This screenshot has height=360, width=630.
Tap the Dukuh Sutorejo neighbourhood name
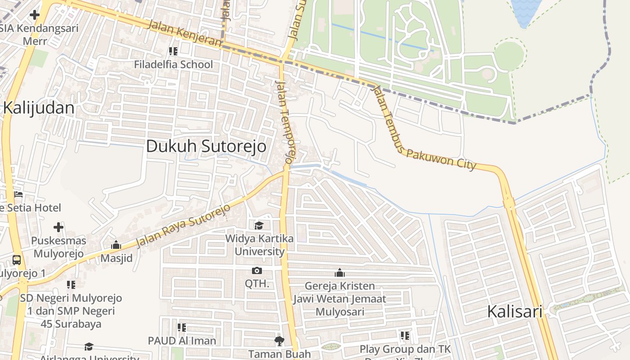(206, 146)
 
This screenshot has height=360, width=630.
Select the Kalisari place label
(515, 311)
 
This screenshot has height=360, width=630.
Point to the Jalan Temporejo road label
(286, 121)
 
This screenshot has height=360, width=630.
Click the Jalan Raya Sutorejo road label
(183, 225)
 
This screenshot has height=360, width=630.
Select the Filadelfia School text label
(173, 64)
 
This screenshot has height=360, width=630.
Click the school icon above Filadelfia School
(173, 51)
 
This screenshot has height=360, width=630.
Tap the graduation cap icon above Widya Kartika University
(259, 225)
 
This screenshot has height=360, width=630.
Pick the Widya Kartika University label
(260, 245)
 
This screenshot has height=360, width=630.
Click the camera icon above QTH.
(257, 270)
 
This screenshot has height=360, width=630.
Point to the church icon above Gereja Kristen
(340, 273)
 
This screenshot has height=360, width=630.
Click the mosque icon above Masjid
(116, 245)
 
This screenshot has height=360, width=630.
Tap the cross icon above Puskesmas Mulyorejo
(58, 227)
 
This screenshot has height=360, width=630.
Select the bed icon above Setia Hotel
(18, 194)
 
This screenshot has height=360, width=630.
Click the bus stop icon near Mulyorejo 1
(17, 260)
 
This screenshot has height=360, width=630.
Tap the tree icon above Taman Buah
(279, 341)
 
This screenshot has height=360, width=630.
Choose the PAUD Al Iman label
(182, 341)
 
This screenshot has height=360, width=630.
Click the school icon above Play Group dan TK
(405, 335)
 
